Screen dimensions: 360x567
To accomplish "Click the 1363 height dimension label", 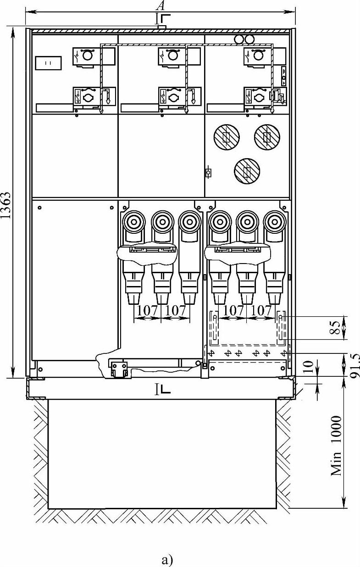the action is pos(6,205).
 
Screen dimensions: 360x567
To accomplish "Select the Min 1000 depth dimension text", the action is pos(337,445).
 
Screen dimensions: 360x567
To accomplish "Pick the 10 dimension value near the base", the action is pos(308,367).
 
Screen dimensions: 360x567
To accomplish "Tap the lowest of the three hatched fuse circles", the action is pos(247,171).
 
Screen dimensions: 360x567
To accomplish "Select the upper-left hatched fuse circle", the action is pos(227,137).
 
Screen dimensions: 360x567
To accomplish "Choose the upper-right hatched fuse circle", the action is pos(267,137).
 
